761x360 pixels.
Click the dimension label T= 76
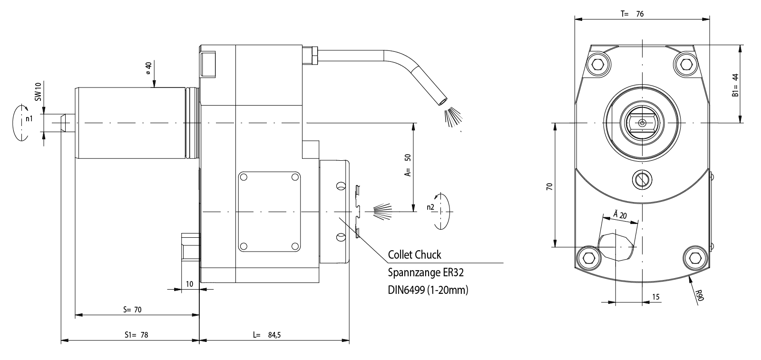(632, 14)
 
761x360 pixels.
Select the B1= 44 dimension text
(735, 86)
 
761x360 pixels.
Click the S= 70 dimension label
(132, 310)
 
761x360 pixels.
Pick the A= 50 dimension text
(408, 165)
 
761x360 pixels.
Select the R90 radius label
(698, 295)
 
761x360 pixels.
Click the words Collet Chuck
(414, 255)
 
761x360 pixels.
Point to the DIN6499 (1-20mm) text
(428, 290)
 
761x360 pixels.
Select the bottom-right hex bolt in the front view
(694, 258)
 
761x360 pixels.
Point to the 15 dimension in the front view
(655, 297)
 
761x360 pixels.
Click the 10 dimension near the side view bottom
(189, 284)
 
